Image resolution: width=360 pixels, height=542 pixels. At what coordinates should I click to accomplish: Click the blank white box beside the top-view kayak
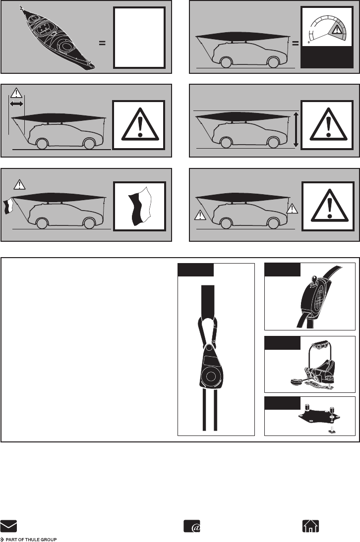coord(139,38)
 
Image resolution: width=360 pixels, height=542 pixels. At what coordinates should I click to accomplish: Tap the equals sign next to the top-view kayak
coord(102,43)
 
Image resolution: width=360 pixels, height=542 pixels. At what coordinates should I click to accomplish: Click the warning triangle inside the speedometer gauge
coord(336,30)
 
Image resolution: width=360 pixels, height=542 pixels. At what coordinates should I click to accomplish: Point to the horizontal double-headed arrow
coord(16,104)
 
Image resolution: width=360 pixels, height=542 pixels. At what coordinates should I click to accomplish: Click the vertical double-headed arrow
coord(296,129)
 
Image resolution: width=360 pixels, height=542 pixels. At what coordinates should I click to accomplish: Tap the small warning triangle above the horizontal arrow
coord(16,93)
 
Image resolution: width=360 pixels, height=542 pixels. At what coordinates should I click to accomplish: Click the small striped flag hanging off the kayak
coord(7,207)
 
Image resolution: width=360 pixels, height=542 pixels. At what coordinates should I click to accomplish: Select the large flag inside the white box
coord(140,205)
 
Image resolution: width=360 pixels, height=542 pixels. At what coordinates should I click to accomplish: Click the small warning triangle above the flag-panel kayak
coord(19,184)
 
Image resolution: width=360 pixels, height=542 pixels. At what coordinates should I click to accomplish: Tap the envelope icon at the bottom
coord(8,526)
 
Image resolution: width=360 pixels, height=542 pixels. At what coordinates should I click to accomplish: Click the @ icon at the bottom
coord(192,526)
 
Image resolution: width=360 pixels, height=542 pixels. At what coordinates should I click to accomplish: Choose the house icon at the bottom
coord(310,526)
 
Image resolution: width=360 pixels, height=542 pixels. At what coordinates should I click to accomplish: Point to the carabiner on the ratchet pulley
coord(208,332)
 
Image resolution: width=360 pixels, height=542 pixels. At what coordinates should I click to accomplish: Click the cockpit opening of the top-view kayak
coord(44,29)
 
